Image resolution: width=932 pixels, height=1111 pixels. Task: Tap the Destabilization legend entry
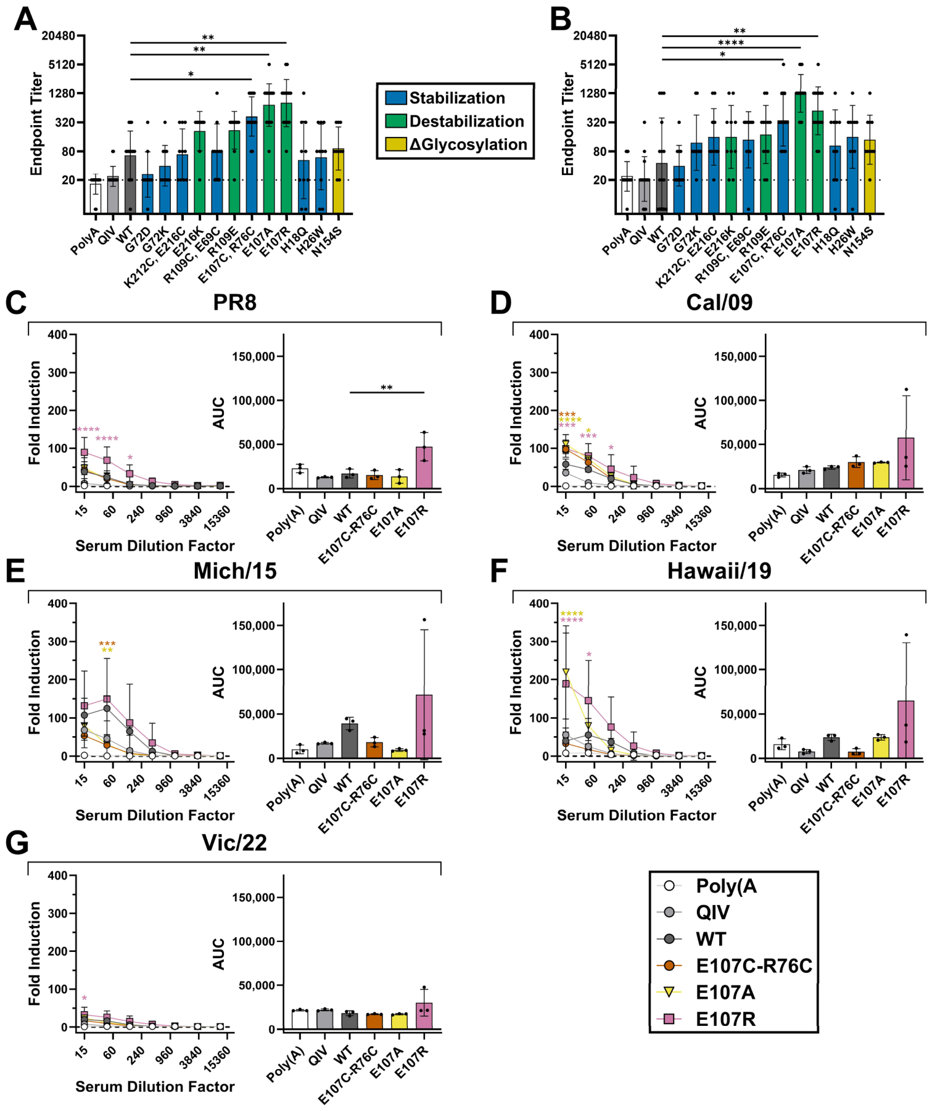click(x=455, y=121)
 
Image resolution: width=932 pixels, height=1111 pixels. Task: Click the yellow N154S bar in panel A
click(x=339, y=181)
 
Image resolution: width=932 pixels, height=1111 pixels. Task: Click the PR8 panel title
click(x=234, y=302)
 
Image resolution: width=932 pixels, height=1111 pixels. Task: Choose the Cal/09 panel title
click(x=719, y=302)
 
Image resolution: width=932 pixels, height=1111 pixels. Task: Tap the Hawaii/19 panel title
click(x=719, y=571)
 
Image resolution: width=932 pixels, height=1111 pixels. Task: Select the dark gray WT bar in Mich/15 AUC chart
click(x=350, y=741)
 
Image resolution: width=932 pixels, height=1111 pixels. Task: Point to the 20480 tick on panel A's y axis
click(x=59, y=36)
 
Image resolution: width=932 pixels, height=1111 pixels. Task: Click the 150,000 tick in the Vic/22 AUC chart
click(x=253, y=897)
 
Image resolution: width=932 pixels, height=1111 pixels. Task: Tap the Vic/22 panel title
click(x=234, y=843)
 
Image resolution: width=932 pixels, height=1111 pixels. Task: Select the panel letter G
click(x=17, y=843)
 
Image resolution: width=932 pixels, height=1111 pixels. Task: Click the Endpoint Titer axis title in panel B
click(x=567, y=124)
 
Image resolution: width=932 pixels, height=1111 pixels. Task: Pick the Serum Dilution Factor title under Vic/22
click(x=155, y=1086)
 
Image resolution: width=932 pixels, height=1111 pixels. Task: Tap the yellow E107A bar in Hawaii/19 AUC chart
click(x=881, y=748)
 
